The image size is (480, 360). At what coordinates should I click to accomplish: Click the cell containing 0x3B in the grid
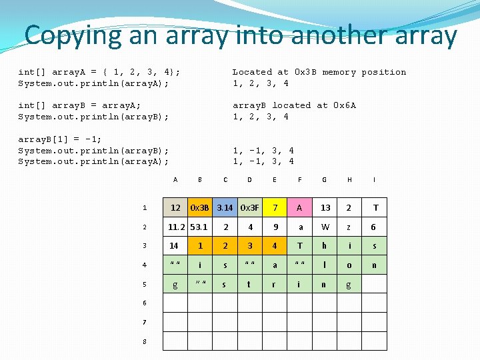point(200,207)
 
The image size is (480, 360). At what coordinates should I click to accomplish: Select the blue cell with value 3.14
point(225,207)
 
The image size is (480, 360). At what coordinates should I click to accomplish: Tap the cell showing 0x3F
point(250,207)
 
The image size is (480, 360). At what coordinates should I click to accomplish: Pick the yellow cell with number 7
point(275,207)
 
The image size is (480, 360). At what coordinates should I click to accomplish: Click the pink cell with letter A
point(299,207)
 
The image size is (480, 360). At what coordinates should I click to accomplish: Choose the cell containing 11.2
point(176,227)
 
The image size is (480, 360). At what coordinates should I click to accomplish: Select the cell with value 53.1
point(200,227)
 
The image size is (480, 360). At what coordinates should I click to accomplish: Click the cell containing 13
point(325,207)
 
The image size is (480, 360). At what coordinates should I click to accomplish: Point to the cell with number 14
point(174,246)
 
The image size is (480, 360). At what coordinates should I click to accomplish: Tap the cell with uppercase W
point(325,227)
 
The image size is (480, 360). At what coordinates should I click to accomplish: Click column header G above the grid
point(324,179)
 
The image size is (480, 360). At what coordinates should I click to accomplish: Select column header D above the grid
point(249,179)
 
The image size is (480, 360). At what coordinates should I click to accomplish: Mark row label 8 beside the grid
point(145,342)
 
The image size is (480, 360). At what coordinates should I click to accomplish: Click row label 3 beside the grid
point(145,247)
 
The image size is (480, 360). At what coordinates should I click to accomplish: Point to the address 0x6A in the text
point(345,105)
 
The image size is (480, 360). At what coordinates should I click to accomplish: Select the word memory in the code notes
point(339,72)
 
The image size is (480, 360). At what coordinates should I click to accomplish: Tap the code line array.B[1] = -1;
point(60,139)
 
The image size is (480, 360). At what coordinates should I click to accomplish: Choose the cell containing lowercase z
point(349,227)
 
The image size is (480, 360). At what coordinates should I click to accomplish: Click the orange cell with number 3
point(250,246)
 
